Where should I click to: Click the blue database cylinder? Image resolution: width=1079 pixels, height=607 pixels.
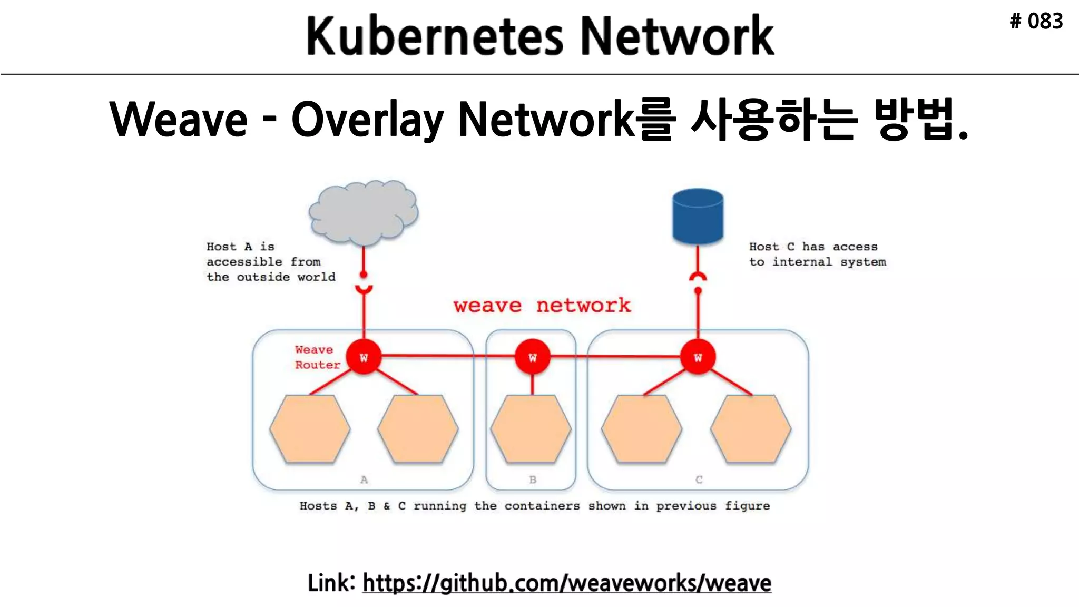(x=698, y=216)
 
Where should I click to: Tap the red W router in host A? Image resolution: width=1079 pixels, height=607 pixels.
(x=364, y=358)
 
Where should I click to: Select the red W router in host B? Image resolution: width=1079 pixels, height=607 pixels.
(x=533, y=358)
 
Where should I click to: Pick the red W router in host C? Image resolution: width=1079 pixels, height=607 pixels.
(x=698, y=358)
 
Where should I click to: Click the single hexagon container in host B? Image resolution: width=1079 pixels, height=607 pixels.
(x=531, y=429)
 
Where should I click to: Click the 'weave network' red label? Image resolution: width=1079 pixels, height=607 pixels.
(x=542, y=306)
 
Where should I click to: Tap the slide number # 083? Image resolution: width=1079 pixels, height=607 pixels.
(x=1036, y=22)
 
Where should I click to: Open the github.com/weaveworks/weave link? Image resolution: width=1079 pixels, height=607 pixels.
(x=566, y=583)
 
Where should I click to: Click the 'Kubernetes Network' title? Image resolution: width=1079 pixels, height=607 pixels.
(x=539, y=36)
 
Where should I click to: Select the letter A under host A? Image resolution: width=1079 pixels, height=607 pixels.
(x=364, y=479)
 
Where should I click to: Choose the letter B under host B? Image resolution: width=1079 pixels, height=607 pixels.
(x=533, y=479)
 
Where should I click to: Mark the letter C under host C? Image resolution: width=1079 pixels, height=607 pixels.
(x=699, y=479)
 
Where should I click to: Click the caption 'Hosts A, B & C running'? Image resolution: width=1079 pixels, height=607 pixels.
(x=534, y=506)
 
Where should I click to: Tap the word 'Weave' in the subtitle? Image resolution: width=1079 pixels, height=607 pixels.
(x=178, y=120)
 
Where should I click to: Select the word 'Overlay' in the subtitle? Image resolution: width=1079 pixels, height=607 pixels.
(x=367, y=120)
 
